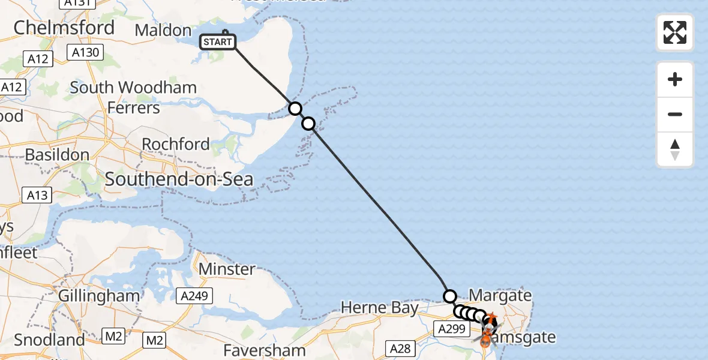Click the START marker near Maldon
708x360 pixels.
(x=217, y=42)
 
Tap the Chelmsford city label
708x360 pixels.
(x=64, y=28)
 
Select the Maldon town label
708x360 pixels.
(x=163, y=30)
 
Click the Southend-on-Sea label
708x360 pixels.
(x=179, y=179)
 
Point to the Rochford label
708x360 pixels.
(x=176, y=144)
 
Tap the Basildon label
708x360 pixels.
(x=57, y=154)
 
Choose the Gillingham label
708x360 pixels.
(x=99, y=296)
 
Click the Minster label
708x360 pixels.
(x=227, y=269)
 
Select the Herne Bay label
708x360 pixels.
(x=379, y=308)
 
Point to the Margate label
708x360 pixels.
(x=500, y=295)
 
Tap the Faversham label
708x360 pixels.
(x=265, y=350)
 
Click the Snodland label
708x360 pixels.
(x=49, y=340)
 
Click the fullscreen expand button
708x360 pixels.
(x=675, y=32)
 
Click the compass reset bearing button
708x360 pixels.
(x=675, y=149)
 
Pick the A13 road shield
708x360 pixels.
(x=37, y=195)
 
